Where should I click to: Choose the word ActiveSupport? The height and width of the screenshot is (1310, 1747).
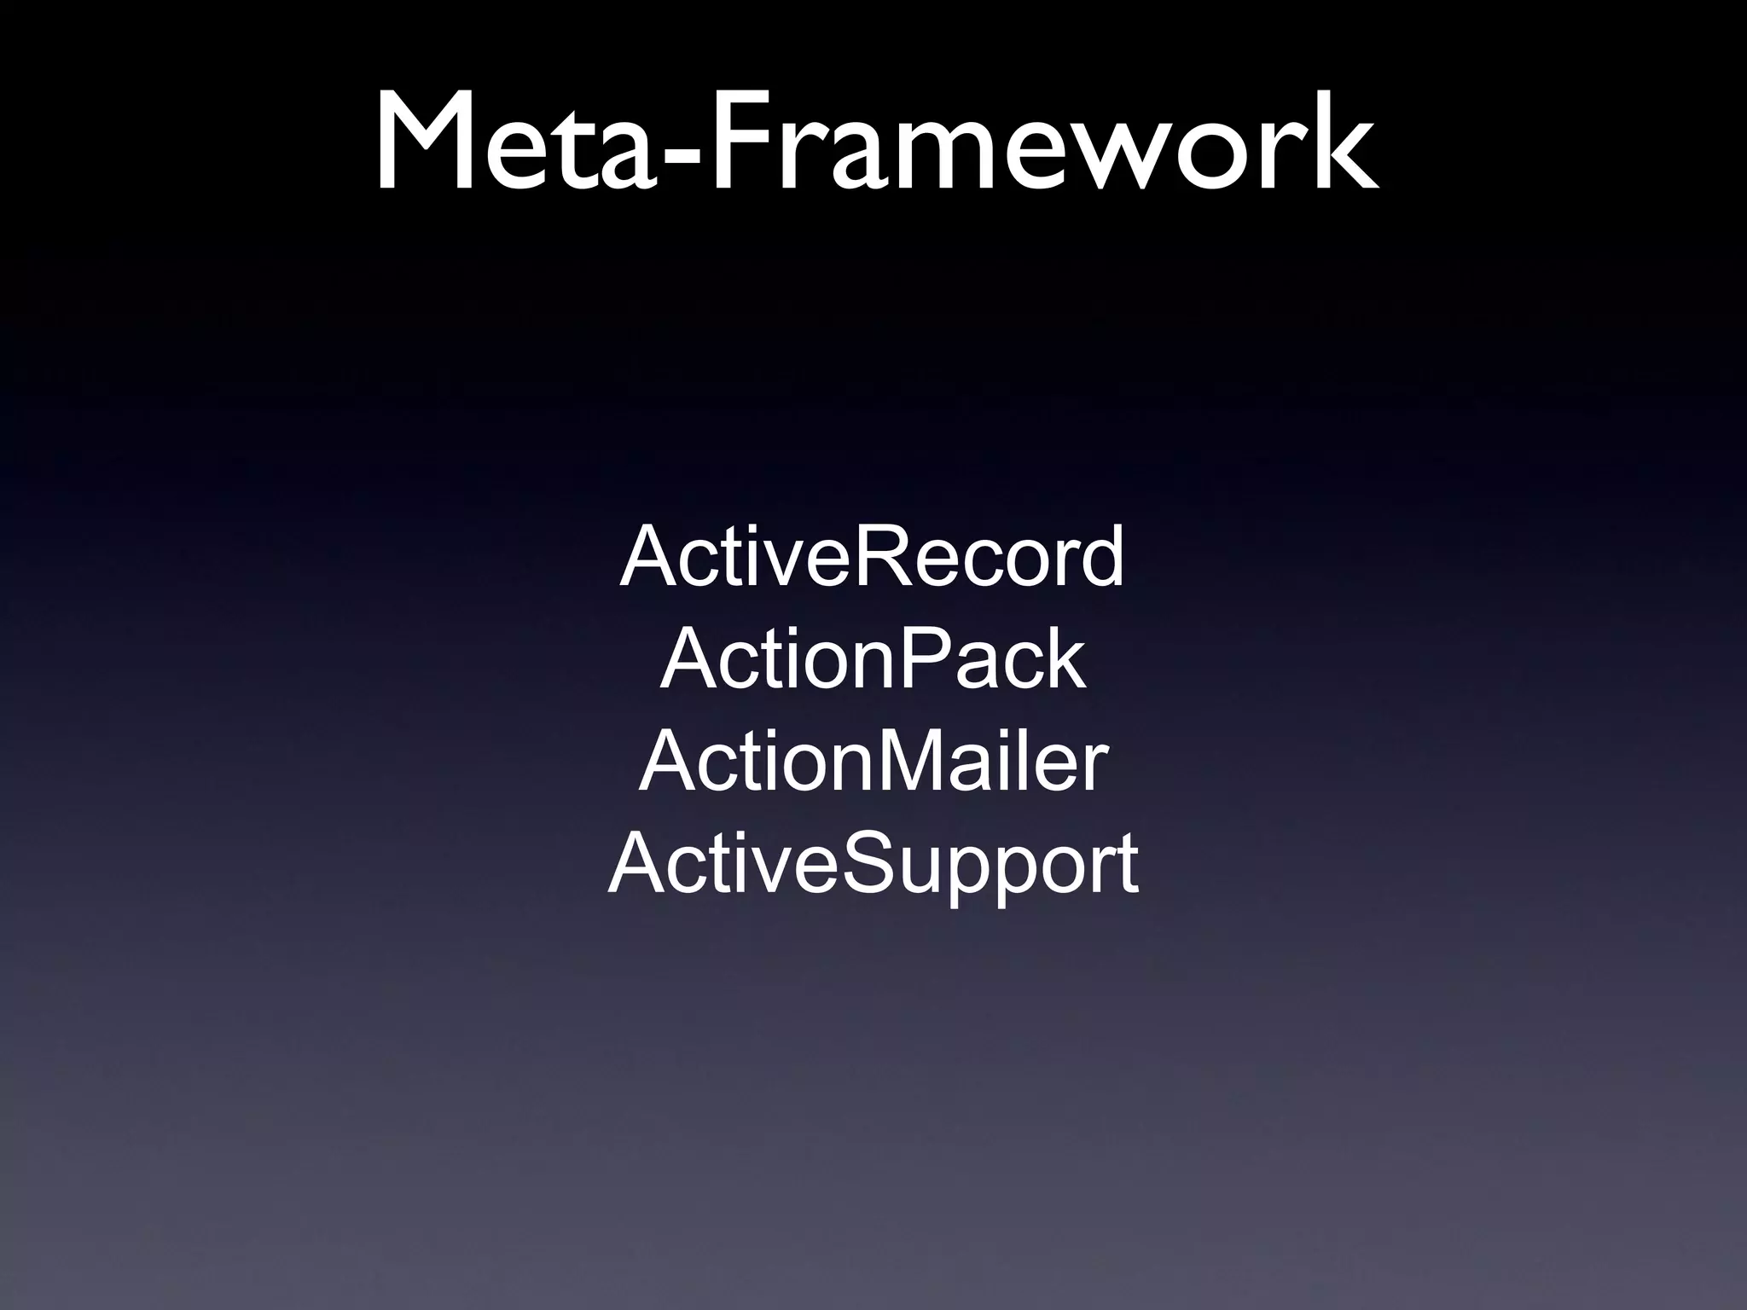click(x=872, y=866)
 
